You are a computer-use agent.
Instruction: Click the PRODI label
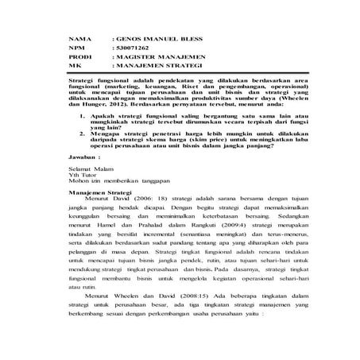tap(79, 58)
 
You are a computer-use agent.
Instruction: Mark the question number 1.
tap(83, 116)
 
